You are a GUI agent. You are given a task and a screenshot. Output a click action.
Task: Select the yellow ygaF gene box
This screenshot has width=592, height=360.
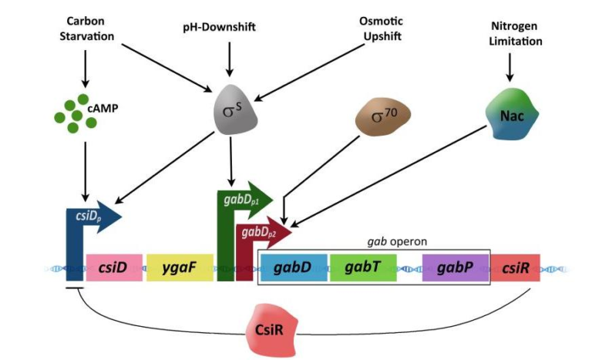179,267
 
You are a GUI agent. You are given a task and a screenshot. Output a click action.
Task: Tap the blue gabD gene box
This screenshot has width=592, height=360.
292,267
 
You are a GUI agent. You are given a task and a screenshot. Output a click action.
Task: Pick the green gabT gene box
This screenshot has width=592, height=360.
362,267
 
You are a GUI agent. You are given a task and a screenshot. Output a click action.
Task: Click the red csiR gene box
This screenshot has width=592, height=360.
515,267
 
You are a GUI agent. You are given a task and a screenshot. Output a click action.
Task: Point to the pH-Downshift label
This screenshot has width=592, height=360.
230,28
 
